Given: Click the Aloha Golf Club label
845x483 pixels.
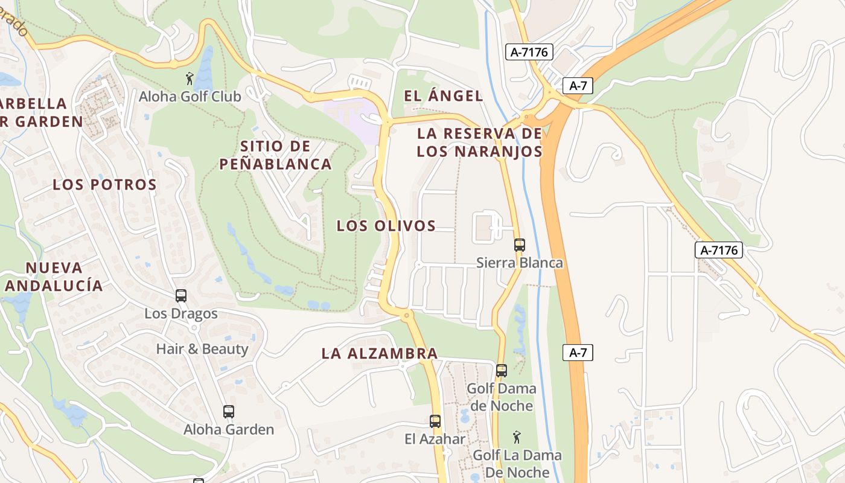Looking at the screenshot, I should click(190, 97).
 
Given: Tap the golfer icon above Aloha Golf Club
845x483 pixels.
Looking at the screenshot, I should click(190, 78).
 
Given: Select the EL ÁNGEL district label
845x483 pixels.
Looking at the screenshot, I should click(444, 95).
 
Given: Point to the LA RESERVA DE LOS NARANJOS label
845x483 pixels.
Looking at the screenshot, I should click(480, 142).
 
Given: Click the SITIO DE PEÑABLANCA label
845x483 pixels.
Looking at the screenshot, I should click(275, 155).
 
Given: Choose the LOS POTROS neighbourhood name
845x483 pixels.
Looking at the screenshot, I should click(104, 185).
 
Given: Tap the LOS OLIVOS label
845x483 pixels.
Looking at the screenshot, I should click(386, 226).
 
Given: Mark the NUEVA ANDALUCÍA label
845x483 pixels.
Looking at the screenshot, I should click(54, 277).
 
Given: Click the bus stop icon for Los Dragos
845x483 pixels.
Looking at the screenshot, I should click(181, 296).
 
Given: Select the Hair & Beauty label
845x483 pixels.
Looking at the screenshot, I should click(202, 349).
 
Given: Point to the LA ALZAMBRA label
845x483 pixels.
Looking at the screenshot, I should click(380, 353).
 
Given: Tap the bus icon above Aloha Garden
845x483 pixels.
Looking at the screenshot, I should click(229, 412).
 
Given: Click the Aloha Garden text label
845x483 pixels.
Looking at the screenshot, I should click(229, 430).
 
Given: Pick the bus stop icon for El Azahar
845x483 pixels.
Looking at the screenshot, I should click(435, 421).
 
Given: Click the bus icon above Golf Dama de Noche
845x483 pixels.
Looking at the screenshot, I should click(502, 371).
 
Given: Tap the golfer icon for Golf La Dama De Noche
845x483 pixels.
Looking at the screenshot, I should click(517, 437).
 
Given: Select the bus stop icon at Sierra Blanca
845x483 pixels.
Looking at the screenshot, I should click(520, 245).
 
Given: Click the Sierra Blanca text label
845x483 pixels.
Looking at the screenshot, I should click(520, 263).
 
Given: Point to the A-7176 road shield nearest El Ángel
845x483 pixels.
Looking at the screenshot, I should click(529, 52).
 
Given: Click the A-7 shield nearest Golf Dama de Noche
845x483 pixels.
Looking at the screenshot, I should click(578, 353).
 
